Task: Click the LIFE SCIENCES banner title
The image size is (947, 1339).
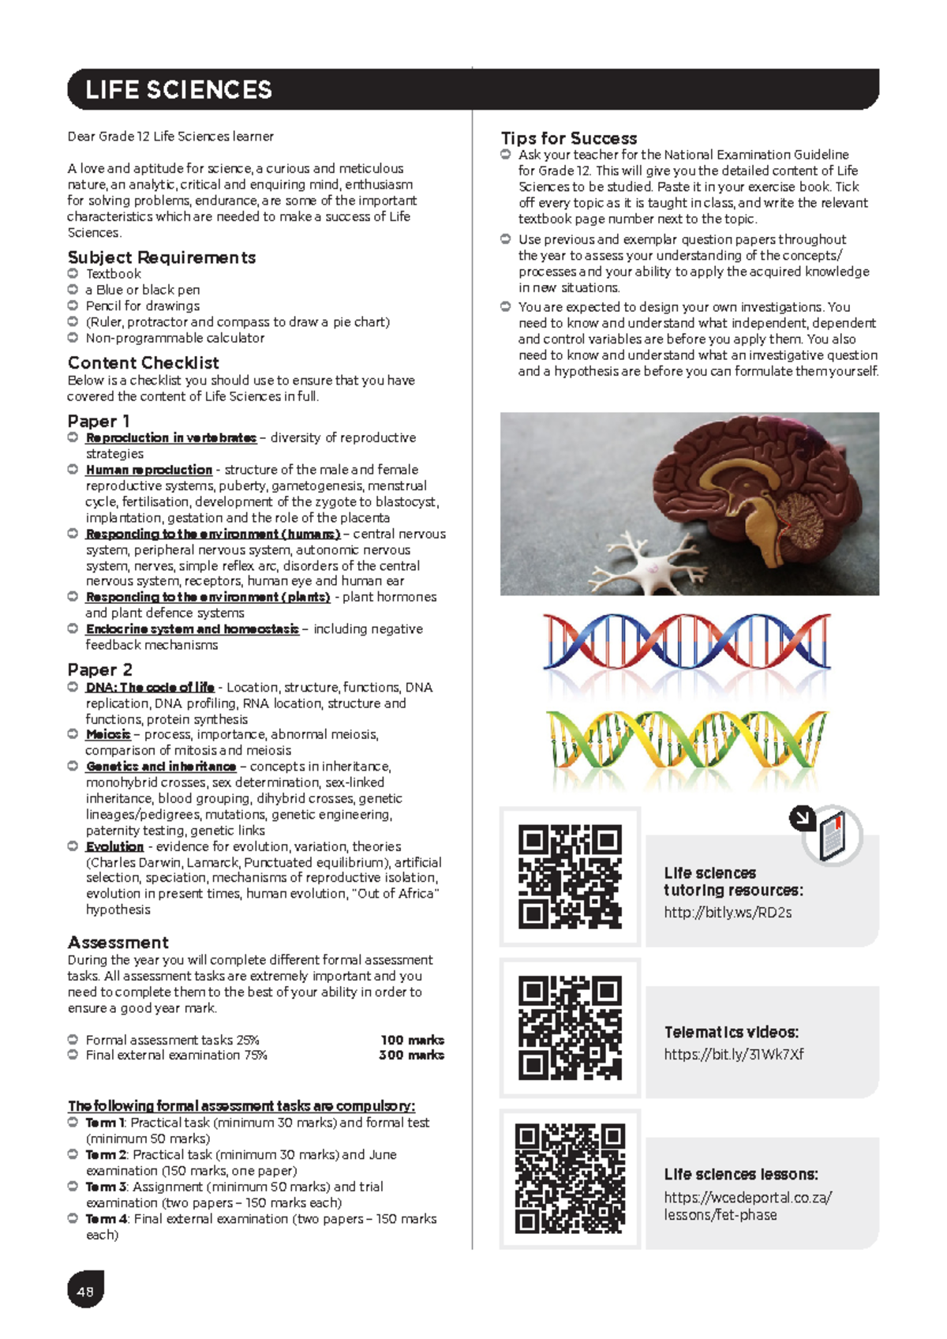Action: click(178, 90)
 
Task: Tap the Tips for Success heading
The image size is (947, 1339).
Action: click(569, 138)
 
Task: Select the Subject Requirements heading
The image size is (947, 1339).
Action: click(162, 257)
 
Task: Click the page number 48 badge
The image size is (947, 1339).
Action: click(85, 1292)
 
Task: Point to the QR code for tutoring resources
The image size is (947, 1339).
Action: click(570, 876)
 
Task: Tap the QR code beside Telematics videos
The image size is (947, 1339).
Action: click(570, 1028)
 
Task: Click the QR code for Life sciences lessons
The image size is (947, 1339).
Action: click(570, 1179)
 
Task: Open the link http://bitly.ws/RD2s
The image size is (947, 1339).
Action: click(728, 913)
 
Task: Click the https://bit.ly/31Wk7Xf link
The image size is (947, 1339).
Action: click(734, 1054)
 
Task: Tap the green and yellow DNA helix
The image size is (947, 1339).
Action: click(687, 741)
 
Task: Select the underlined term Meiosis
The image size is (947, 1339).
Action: click(108, 734)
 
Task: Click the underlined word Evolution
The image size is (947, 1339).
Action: click(114, 846)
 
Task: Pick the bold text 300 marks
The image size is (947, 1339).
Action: click(411, 1055)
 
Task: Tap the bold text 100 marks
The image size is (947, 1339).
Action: click(412, 1040)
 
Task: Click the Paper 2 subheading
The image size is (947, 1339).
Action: click(99, 669)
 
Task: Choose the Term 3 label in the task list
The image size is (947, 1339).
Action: click(105, 1187)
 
